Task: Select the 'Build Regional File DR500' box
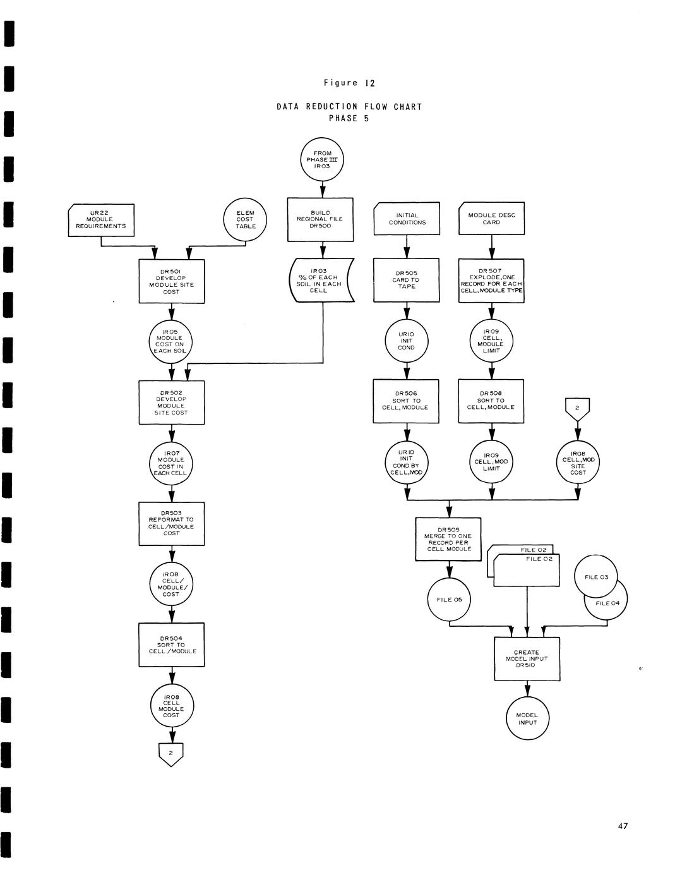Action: coord(320,219)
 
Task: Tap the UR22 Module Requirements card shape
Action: coord(101,220)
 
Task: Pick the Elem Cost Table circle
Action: coord(246,220)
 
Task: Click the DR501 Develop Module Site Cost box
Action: coord(172,281)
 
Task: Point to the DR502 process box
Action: coord(172,402)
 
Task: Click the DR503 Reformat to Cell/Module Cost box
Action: coord(172,523)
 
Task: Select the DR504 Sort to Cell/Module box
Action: coord(172,645)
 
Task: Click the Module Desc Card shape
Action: coord(491,219)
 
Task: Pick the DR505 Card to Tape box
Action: coord(407,280)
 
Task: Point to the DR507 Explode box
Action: coord(491,280)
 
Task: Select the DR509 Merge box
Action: coord(448,539)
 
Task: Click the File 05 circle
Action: coord(449,599)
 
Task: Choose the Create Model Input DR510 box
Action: coord(527,658)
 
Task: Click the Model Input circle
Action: coord(527,718)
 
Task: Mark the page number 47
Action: coord(623,826)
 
